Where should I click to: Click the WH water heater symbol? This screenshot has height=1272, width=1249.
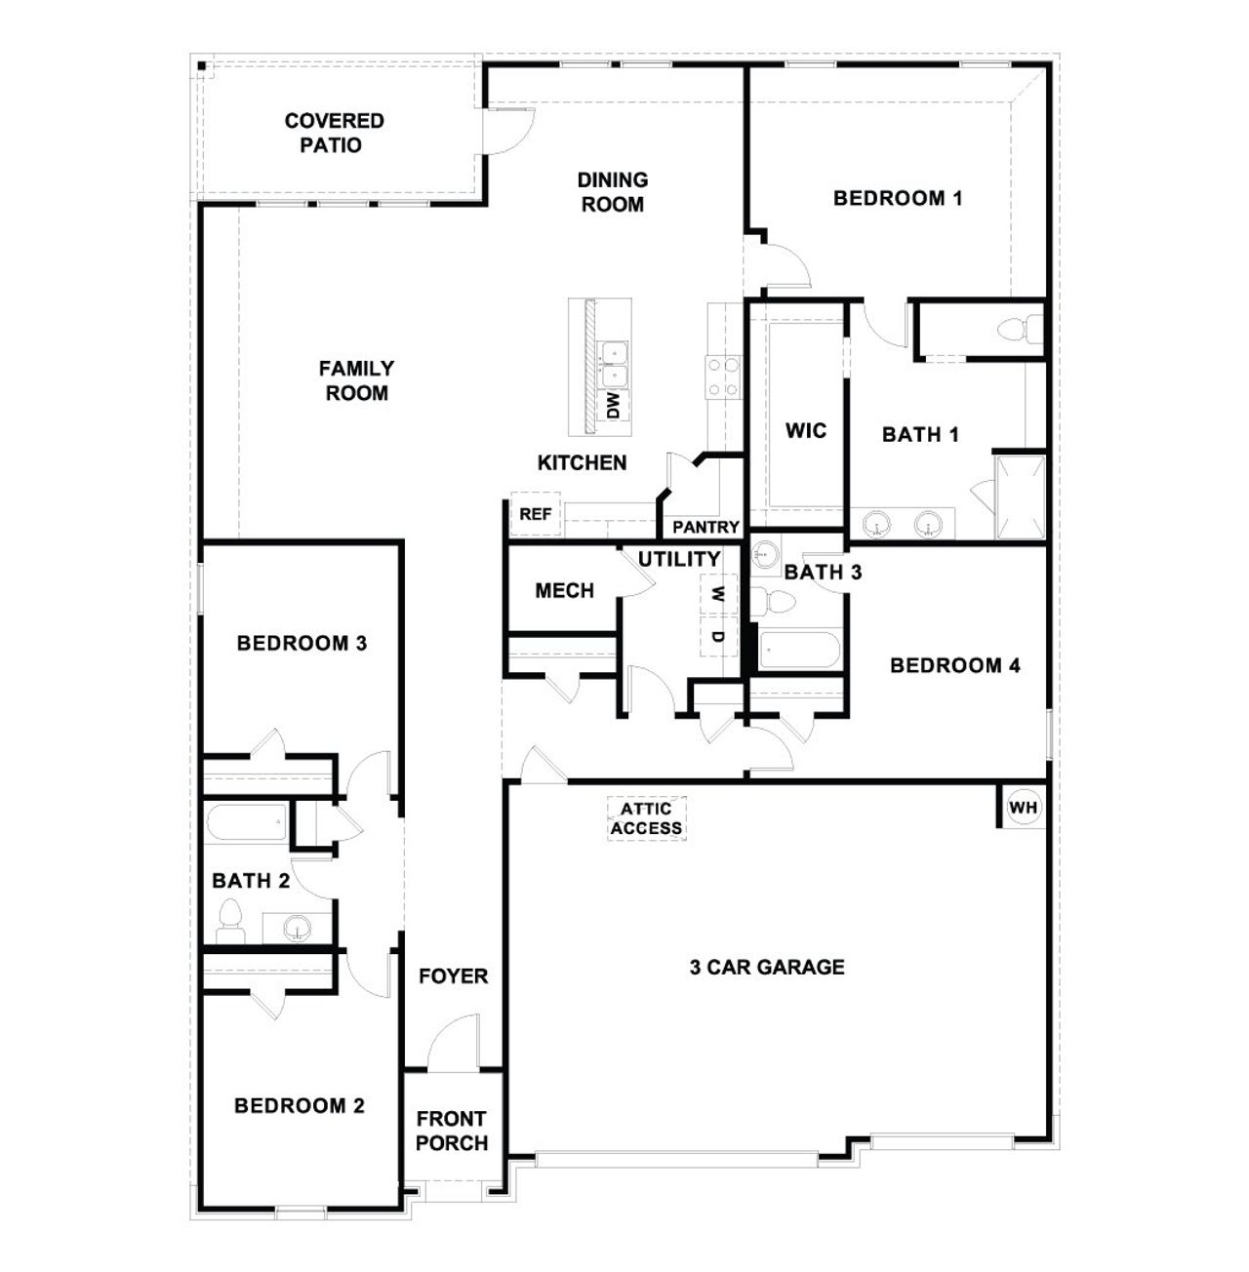coord(1023,808)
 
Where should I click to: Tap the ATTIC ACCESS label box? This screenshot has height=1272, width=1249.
coord(647,818)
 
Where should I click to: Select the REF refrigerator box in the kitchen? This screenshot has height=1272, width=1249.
coord(535,514)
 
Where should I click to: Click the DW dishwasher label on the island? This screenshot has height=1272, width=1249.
coord(614,405)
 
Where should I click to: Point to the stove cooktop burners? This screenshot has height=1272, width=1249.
coord(723,378)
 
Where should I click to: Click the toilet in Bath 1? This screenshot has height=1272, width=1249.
coord(1020,330)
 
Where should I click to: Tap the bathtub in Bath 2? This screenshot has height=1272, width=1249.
coord(246,822)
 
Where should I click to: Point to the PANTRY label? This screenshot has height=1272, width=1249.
coord(705,527)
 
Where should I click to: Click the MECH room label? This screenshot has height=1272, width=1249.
coord(564,590)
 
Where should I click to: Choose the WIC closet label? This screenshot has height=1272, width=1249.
coord(806,430)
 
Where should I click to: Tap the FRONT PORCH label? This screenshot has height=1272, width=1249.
coord(452,1131)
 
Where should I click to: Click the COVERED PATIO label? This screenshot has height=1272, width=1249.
coord(334,133)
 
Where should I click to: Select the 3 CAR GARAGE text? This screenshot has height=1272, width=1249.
coord(767,967)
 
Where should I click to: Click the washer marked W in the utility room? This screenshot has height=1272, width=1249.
coord(718,593)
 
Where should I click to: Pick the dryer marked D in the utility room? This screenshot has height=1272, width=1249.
coord(718,636)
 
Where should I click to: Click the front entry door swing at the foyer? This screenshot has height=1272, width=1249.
coord(454,1042)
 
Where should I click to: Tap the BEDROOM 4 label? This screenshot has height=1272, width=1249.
coord(955,665)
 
